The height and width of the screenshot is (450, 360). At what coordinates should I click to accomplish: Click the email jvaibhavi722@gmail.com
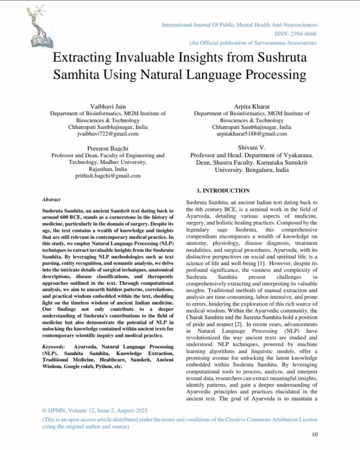tap(107, 134)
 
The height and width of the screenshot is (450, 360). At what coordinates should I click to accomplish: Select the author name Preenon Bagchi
tap(107, 148)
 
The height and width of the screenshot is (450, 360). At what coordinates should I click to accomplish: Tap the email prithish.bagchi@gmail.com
tap(107, 176)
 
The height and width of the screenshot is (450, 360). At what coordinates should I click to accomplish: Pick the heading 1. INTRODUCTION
tap(220, 191)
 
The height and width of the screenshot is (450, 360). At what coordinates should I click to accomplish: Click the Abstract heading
tap(51, 199)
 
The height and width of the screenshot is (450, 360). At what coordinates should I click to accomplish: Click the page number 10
tap(315, 434)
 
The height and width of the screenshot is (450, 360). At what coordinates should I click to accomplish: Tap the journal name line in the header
tap(239, 25)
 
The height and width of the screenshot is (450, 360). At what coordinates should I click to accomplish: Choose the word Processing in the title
tap(267, 74)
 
